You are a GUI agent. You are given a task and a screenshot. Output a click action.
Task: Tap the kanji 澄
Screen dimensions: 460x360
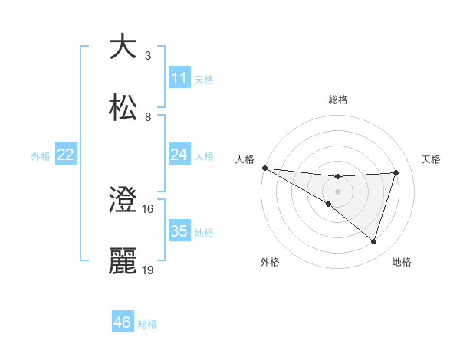[x=123, y=200]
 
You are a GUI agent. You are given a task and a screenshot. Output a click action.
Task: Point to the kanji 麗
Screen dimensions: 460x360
[x=123, y=261]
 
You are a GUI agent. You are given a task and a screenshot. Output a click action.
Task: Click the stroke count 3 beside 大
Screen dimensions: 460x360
[x=148, y=56]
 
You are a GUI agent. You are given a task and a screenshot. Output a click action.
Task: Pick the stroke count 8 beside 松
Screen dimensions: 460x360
[x=148, y=117]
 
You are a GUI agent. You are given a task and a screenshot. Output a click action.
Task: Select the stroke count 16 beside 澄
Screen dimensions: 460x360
[x=148, y=209]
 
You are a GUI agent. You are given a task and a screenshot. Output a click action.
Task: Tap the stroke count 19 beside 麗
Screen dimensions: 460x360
[x=148, y=270]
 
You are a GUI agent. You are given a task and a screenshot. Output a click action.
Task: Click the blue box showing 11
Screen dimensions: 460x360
[x=179, y=78]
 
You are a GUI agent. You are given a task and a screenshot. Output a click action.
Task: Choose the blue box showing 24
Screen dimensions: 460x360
[x=179, y=155]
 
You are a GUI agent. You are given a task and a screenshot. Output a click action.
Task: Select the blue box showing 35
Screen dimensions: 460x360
[x=179, y=231]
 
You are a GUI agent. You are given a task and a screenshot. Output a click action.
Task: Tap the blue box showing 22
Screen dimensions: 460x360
[x=66, y=155]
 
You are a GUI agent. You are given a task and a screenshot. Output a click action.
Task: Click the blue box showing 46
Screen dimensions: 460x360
[x=123, y=322]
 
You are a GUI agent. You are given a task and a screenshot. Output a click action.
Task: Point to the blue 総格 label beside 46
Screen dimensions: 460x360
[x=147, y=324]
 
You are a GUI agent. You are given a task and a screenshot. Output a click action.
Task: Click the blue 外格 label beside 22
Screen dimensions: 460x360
[x=41, y=155]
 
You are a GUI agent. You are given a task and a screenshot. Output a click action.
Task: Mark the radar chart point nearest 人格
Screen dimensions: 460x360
[x=264, y=168]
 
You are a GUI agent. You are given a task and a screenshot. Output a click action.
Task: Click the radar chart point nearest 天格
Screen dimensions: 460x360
[x=396, y=172]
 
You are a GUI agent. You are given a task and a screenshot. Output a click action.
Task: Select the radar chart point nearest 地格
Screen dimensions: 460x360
[x=374, y=242]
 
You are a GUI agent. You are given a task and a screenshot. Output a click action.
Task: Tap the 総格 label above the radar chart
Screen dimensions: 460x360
[x=338, y=100]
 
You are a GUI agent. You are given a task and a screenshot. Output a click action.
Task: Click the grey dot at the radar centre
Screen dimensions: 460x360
[x=338, y=191]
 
